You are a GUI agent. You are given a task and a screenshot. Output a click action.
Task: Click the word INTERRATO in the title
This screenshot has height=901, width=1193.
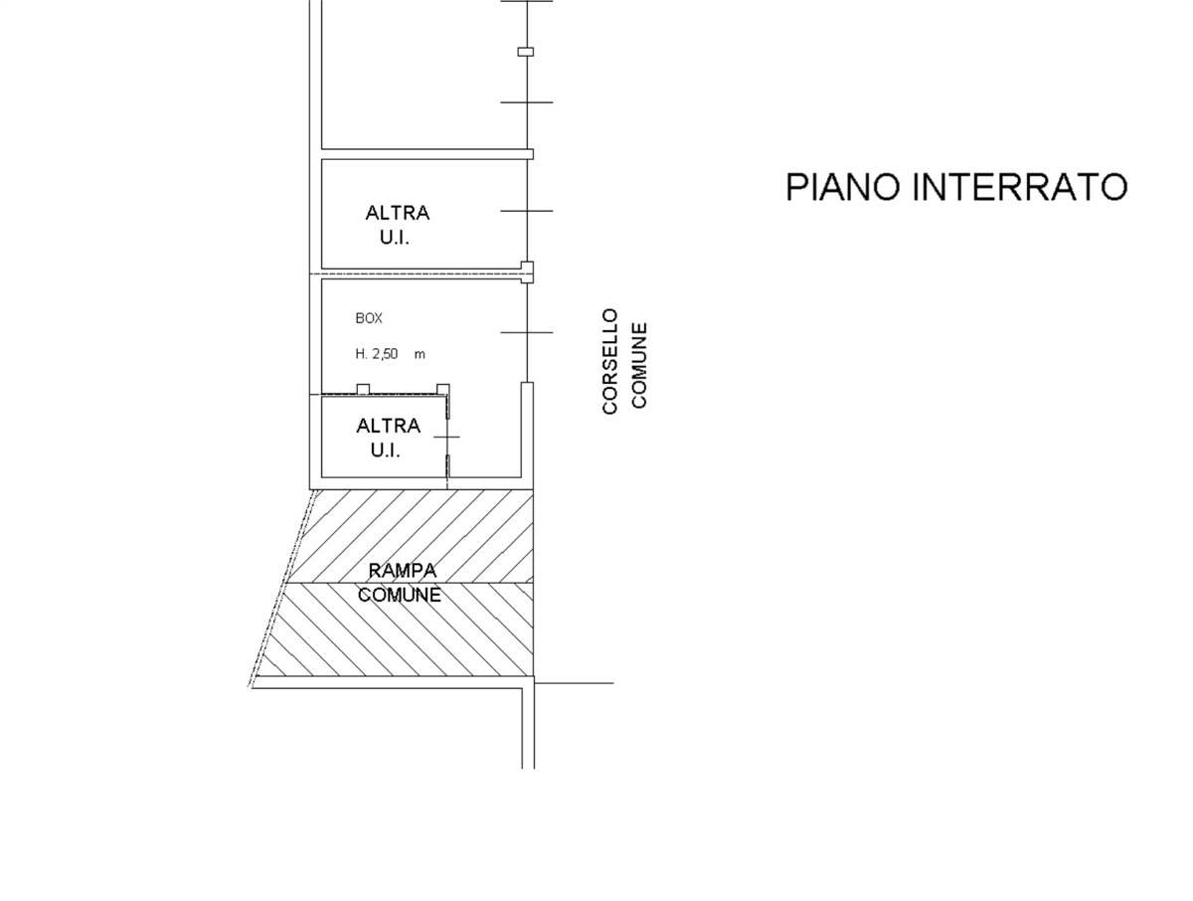pos(1020,187)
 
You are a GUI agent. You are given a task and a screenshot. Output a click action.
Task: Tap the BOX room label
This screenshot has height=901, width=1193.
pos(369,318)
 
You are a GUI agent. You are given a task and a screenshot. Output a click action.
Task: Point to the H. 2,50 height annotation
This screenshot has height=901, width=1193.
pos(377,354)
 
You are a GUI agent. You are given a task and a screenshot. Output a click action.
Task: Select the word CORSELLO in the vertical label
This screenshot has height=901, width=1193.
pos(610,361)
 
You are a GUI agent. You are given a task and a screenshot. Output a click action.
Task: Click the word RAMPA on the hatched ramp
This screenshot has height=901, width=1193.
pos(403,571)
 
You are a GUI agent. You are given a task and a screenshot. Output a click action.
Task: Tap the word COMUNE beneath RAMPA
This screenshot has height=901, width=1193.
pos(400,595)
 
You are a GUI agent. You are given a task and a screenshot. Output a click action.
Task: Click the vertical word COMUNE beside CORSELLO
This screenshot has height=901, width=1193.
pos(639,365)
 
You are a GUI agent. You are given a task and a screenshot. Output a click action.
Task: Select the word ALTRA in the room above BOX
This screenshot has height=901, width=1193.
pos(398,213)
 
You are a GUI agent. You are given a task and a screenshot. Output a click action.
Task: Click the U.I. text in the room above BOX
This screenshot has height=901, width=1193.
pos(395,238)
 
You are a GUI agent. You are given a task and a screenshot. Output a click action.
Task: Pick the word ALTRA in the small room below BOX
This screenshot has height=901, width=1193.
pos(388,426)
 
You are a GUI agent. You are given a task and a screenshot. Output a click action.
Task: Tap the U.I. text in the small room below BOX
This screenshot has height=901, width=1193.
pos(386,450)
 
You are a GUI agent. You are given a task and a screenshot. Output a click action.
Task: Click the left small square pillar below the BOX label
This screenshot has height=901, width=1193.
pos(363,389)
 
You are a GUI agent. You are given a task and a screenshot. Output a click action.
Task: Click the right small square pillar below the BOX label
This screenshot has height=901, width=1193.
pos(443,389)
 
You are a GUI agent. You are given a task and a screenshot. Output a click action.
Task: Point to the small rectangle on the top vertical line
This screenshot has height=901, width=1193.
pos(526,52)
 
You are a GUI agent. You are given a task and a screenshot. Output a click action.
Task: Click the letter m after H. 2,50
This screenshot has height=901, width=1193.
pos(420,355)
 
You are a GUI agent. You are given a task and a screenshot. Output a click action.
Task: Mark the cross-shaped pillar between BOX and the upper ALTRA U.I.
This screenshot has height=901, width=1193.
pos(527,272)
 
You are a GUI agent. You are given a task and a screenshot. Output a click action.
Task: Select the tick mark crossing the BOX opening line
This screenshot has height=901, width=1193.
pos(527,332)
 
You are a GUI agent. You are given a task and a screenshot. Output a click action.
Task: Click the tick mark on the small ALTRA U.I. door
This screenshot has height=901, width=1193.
pos(446,437)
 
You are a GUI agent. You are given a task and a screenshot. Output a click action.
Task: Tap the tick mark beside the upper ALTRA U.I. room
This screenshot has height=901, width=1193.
pos(527,211)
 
